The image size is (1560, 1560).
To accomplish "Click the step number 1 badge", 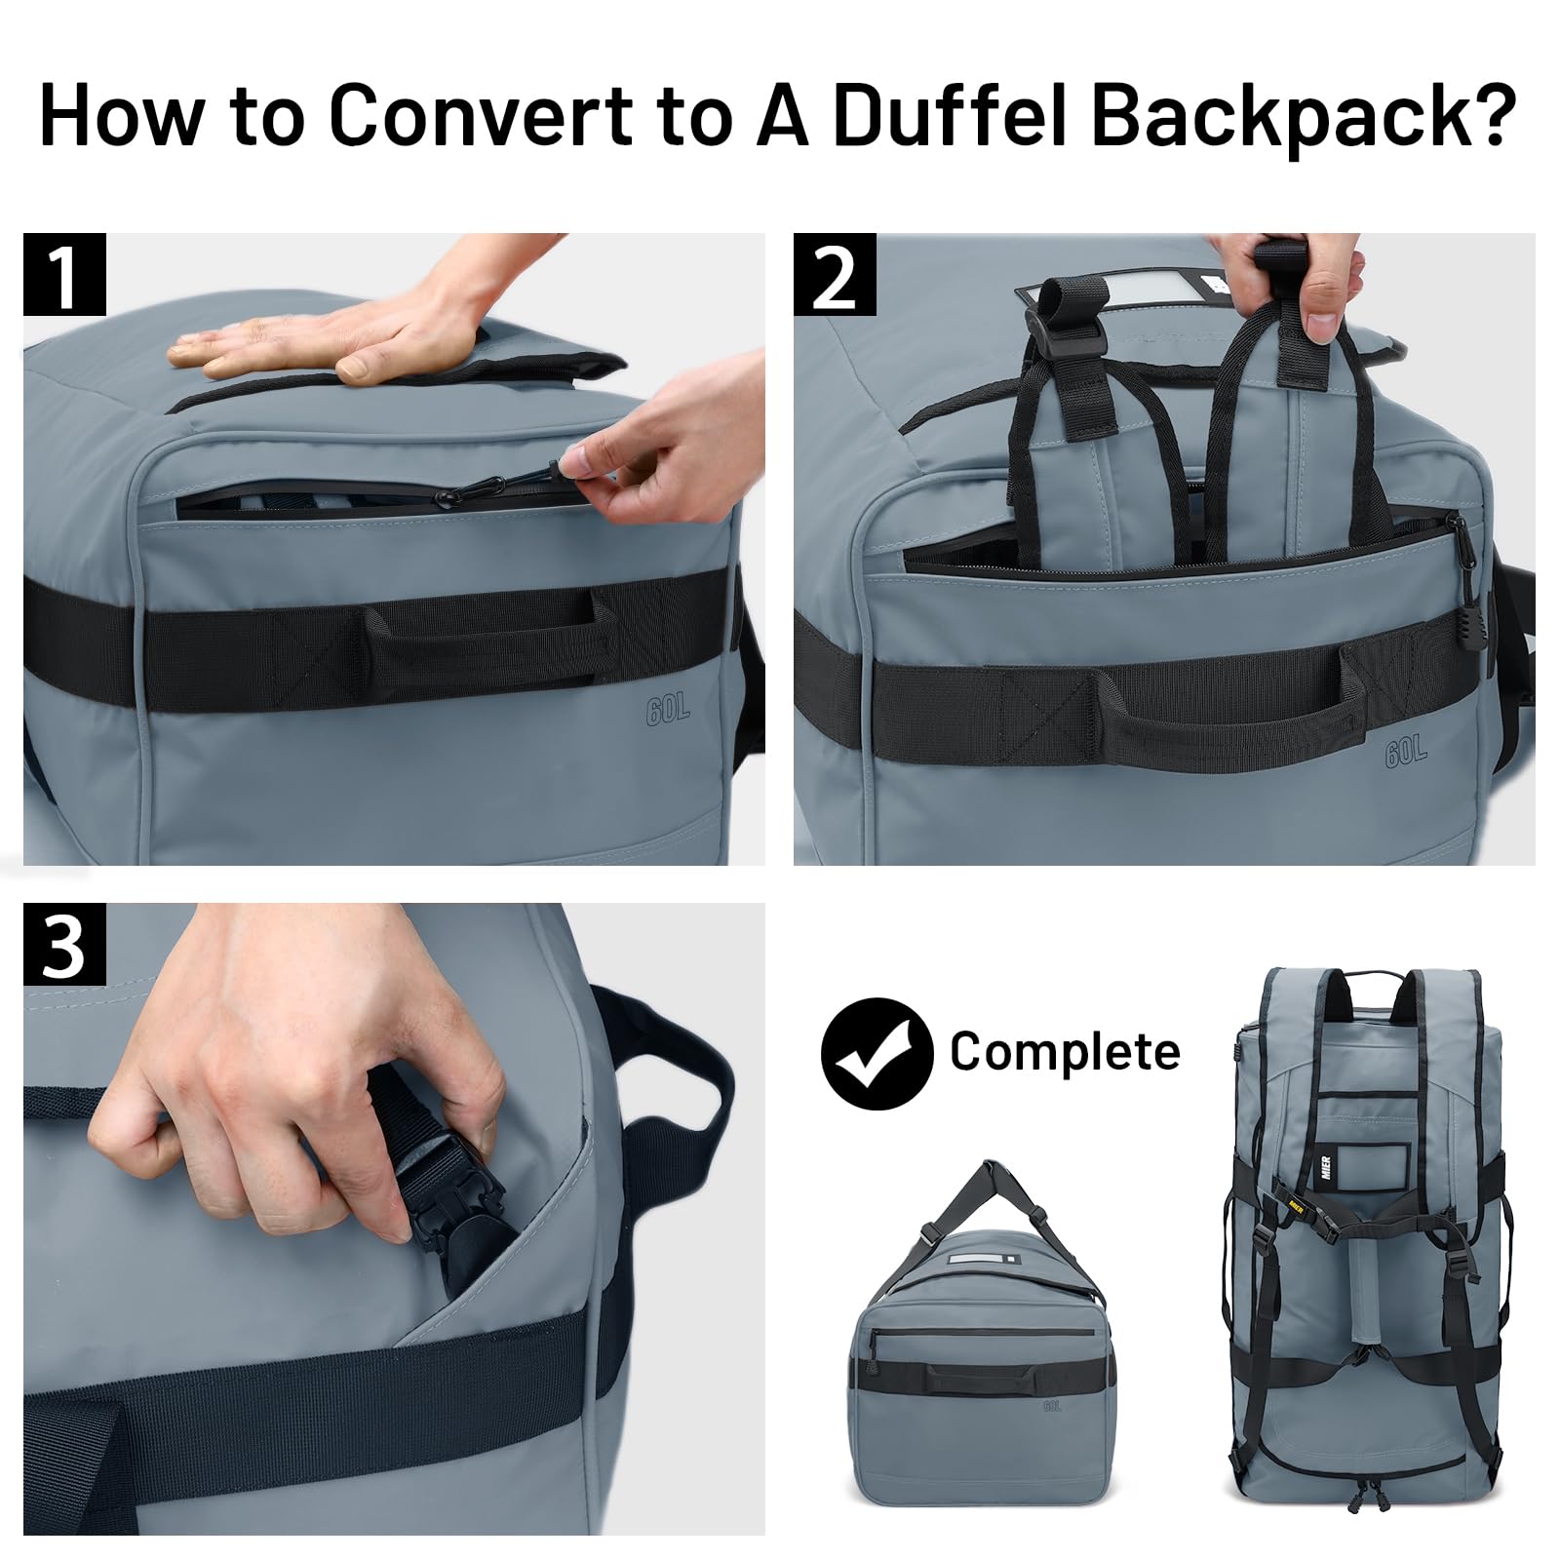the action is (64, 274).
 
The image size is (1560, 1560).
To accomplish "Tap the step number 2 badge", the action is (835, 274).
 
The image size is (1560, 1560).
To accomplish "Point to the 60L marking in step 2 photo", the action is (1405, 752).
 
